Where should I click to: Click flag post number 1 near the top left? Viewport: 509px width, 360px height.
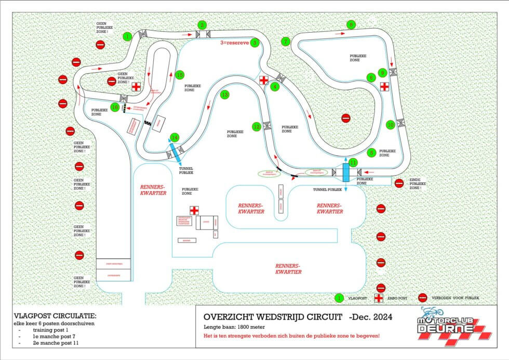[x=127, y=36]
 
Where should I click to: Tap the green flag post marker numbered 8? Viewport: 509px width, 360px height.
[x=352, y=25]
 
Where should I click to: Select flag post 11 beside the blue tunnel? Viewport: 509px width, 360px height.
[x=353, y=163]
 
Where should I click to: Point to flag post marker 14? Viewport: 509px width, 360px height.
[x=175, y=137]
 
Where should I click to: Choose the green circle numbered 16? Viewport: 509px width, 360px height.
[x=115, y=106]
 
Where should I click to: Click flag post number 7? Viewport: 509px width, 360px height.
[x=285, y=42]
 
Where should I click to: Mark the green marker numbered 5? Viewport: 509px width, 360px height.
[x=371, y=153]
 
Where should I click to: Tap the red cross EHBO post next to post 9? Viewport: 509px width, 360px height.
[x=384, y=86]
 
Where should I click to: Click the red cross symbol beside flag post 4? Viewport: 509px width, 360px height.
[x=264, y=80]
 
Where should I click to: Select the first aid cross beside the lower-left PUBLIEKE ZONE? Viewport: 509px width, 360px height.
[x=194, y=210]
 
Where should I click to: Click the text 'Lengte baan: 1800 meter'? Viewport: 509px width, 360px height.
[x=231, y=327]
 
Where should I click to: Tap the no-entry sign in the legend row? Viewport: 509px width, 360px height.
[x=423, y=298]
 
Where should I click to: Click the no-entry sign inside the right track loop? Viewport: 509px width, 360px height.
[x=346, y=118]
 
